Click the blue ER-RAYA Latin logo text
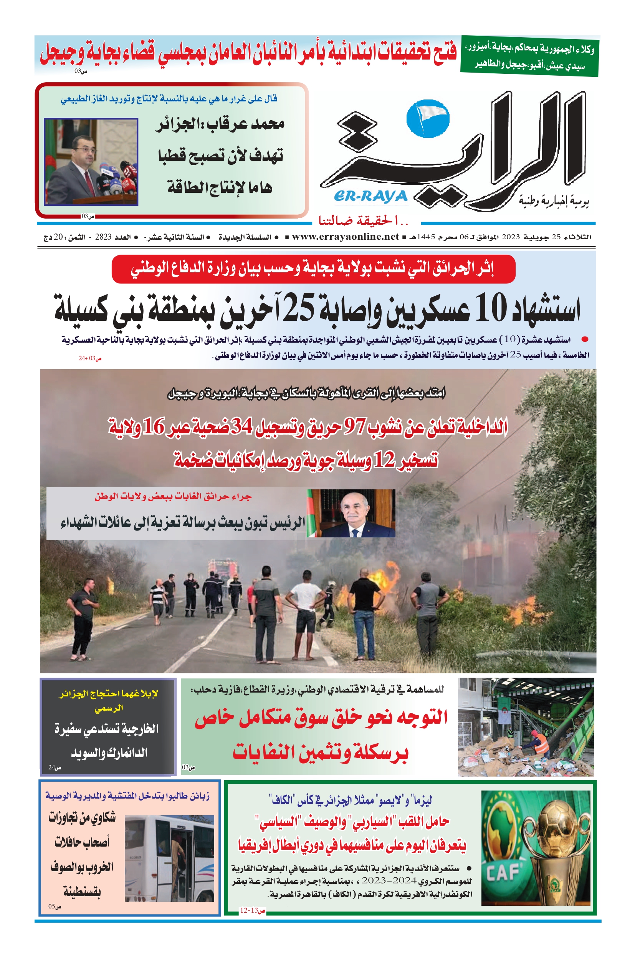tap(370, 197)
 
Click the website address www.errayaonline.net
tap(345, 237)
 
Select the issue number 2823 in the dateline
tap(103, 237)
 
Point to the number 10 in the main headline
tap(490, 308)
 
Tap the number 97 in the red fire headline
tap(355, 426)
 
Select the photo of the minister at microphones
tap(91, 162)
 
